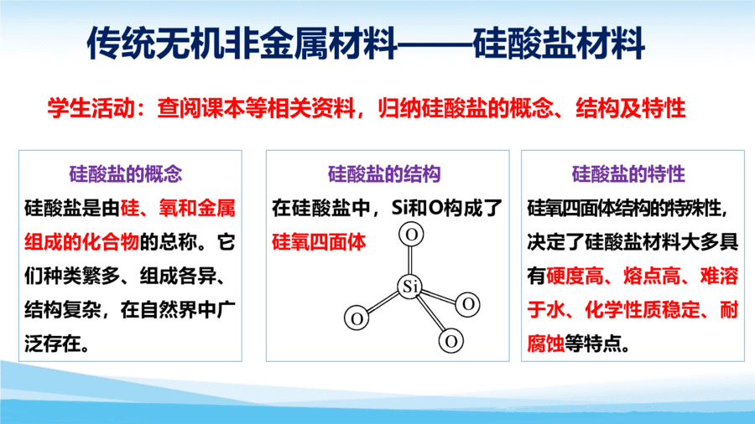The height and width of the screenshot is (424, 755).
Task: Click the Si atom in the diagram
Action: (410, 287)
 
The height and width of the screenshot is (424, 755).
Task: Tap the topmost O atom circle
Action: (411, 235)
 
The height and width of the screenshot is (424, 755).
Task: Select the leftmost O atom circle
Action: (357, 318)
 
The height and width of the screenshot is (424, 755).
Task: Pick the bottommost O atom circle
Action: (451, 341)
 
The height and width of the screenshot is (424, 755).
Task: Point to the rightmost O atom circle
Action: (468, 304)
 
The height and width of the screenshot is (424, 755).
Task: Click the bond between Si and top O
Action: (411, 261)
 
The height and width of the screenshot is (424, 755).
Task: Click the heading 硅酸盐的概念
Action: (126, 173)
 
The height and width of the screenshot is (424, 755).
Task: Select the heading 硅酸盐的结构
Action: (384, 173)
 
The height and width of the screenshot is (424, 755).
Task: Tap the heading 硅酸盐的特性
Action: (628, 173)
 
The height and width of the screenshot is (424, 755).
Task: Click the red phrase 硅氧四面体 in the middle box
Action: (320, 242)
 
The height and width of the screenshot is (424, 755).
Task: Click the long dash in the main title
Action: (435, 44)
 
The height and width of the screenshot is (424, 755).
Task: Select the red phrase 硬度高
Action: (575, 276)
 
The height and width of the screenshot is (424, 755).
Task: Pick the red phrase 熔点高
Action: (652, 276)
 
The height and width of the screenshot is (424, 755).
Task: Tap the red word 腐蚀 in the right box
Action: (546, 344)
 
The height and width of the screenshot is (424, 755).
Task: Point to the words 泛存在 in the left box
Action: (53, 344)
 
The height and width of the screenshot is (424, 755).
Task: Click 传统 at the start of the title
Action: (105, 44)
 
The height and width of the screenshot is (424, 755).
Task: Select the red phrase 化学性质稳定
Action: (643, 309)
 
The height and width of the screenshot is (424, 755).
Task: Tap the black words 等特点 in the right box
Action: (594, 344)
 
